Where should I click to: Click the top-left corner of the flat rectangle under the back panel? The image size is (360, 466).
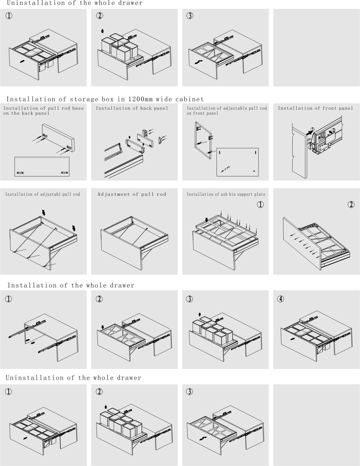point(15,157)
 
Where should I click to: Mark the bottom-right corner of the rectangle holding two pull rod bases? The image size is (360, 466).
point(69,176)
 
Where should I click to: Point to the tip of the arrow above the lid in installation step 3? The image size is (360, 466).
point(200,317)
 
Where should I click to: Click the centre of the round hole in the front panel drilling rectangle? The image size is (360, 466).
point(254,171)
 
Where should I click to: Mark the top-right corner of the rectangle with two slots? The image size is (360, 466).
point(258,148)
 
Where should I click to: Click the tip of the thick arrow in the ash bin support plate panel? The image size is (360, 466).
point(207,222)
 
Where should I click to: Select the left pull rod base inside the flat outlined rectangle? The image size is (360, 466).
point(20,173)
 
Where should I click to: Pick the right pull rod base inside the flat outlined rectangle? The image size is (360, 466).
point(64,172)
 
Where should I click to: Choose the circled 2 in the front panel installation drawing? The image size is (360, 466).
point(333,130)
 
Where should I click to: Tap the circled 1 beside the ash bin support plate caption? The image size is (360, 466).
point(260,204)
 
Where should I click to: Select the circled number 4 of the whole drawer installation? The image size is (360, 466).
point(281,299)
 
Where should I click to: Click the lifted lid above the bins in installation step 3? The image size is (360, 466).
point(206,319)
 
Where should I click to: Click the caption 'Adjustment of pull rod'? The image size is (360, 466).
point(132,194)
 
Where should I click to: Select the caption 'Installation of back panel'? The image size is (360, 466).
point(132,108)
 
